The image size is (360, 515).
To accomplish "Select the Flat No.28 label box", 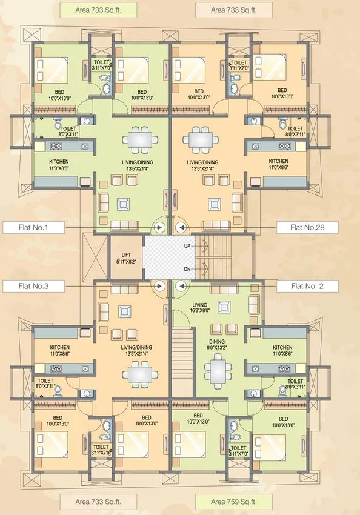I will (x=307, y=228).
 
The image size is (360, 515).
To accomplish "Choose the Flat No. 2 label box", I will (x=307, y=285).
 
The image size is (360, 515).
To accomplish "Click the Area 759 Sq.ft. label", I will (x=233, y=502).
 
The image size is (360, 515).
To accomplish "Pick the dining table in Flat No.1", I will (x=140, y=140).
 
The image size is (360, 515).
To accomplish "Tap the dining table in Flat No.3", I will (x=140, y=374).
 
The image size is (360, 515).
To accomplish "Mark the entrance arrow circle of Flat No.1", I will (x=160, y=228).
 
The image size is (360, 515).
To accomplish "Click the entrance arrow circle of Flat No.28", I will (x=180, y=228).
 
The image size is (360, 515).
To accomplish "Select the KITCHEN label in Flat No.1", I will (x=59, y=165).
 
